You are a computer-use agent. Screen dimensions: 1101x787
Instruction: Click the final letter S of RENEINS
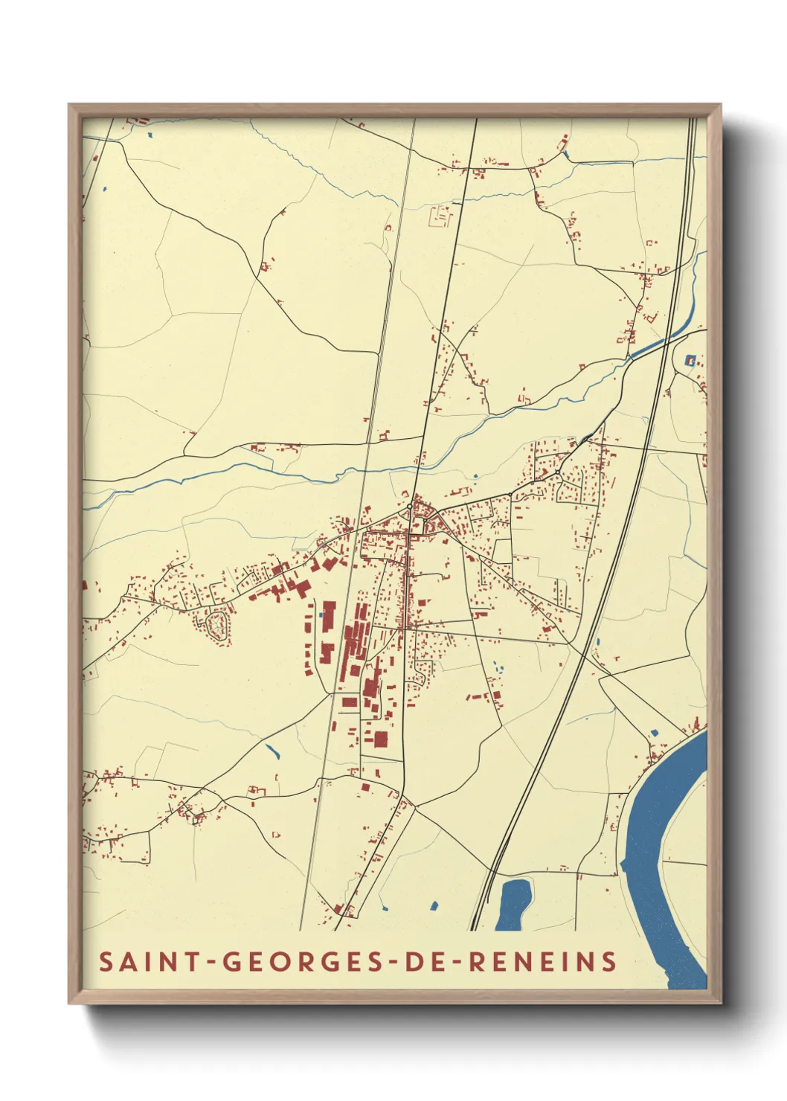coord(609,962)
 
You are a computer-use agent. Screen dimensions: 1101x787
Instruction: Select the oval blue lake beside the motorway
coord(513,903)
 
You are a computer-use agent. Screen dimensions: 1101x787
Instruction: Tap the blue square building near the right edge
coord(690,362)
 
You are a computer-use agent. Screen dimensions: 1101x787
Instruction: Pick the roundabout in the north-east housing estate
coord(556,472)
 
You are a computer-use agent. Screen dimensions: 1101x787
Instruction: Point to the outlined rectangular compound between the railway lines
coord(440,217)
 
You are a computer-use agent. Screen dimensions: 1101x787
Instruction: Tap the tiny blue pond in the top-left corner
coord(150,135)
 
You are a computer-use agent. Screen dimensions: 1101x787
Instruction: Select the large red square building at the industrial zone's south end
coord(380,739)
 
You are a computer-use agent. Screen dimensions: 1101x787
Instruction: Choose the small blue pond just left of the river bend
coord(655,733)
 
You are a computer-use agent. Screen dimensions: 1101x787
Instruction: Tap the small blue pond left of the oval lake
coord(434,905)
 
